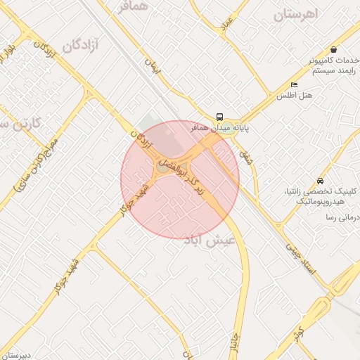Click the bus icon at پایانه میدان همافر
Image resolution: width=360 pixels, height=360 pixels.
tap(220, 117)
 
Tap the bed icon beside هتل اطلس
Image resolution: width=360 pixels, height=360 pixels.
tap(294, 85)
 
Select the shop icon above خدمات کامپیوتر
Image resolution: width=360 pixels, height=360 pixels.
tap(333, 50)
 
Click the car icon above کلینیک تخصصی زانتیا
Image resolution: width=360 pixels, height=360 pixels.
tap(321, 181)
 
